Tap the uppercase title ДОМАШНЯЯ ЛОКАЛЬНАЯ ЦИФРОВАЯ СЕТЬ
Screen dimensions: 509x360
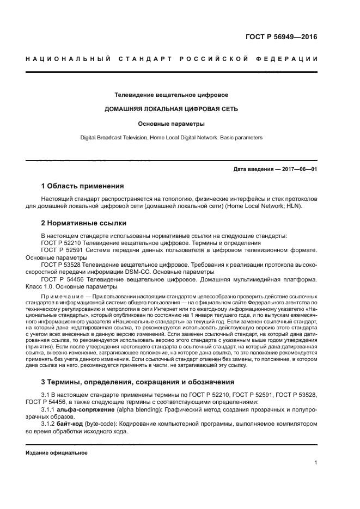(x=171, y=109)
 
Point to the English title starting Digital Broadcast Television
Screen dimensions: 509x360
(x=171, y=138)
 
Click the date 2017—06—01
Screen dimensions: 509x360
(x=298, y=169)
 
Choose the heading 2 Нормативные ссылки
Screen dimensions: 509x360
(x=84, y=223)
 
